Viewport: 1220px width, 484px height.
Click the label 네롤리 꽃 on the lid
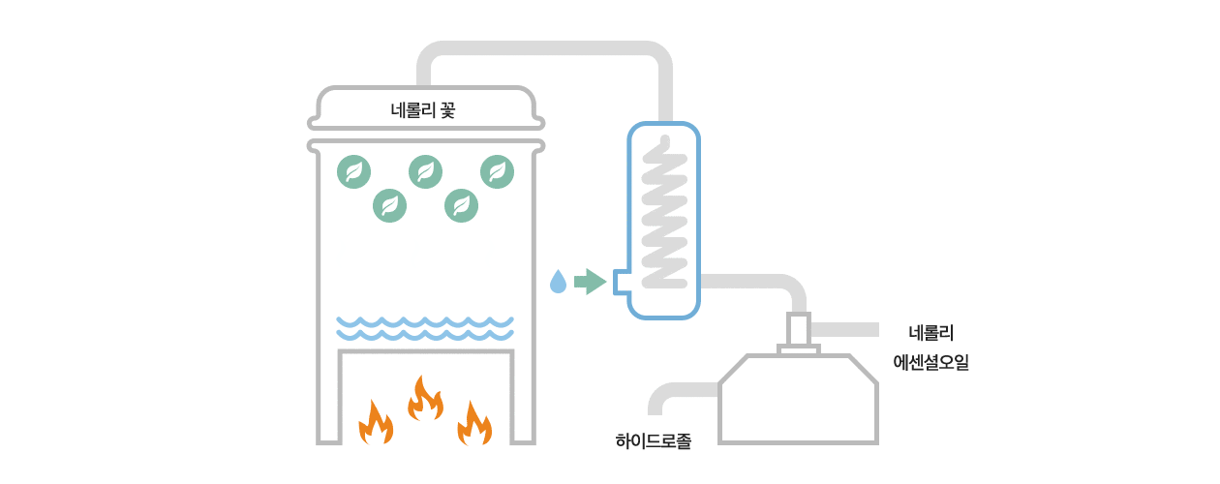click(x=422, y=110)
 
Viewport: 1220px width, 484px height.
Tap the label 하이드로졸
click(x=654, y=441)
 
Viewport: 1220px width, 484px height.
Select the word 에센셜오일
click(x=930, y=364)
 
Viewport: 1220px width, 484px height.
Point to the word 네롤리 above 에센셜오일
click(x=931, y=333)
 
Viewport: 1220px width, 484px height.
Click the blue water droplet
click(x=558, y=282)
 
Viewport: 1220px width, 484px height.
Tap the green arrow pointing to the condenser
click(x=590, y=282)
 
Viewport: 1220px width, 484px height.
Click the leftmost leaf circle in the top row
click(x=353, y=171)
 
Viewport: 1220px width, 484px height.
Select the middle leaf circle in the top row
click(x=425, y=171)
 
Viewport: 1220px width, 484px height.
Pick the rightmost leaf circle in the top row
click(x=497, y=171)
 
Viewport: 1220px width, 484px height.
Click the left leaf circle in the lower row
click(x=389, y=205)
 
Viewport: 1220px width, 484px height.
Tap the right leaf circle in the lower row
click(x=461, y=205)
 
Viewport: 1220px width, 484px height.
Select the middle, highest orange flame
click(x=424, y=398)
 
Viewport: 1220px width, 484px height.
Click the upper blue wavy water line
click(x=425, y=320)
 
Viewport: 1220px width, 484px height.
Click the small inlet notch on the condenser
click(x=621, y=282)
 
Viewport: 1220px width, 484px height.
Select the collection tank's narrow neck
click(x=799, y=330)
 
